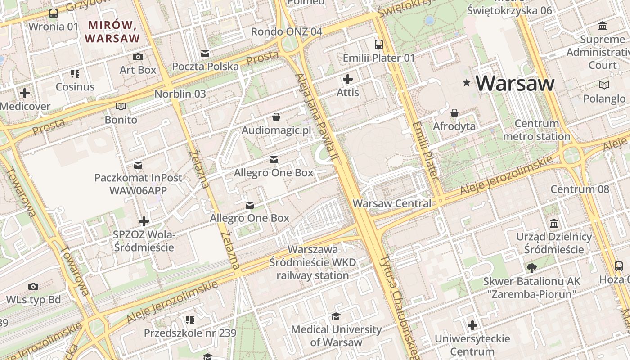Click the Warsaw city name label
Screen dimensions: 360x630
515,83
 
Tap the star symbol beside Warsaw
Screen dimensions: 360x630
467,83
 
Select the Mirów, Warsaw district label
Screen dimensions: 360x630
112,31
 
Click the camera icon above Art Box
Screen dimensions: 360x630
138,57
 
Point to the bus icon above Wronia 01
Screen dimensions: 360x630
54,13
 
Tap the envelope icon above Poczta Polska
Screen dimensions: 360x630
205,54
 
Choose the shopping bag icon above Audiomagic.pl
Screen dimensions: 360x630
276,117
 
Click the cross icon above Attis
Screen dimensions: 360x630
348,79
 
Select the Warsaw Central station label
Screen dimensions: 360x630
391,203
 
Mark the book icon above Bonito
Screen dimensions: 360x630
121,107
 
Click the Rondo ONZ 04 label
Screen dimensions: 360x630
287,31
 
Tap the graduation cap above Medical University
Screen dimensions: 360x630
336,316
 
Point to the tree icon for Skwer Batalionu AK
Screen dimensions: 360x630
531,268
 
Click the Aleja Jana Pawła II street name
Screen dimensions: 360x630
316,117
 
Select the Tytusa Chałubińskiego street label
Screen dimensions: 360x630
399,306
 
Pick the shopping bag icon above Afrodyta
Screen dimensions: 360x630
454,113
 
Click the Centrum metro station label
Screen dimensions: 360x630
536,130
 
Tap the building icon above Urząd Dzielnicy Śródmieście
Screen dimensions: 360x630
554,224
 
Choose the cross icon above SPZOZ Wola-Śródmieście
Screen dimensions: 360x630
144,221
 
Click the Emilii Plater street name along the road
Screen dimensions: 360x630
425,149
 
